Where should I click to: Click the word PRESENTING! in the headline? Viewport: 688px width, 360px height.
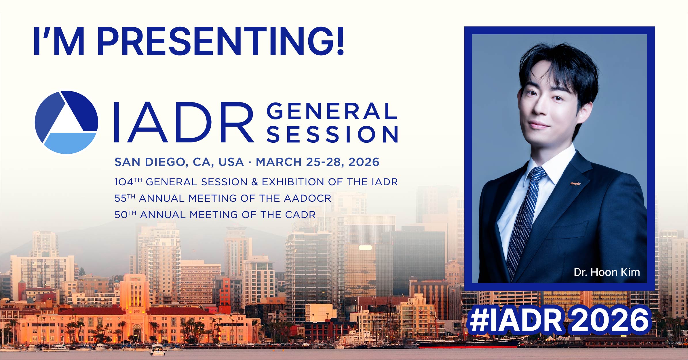click(x=220, y=41)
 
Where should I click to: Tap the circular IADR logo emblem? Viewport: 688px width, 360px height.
click(x=66, y=122)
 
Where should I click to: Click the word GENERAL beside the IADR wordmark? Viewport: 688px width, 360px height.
click(x=332, y=111)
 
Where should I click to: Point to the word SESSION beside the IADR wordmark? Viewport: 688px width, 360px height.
click(x=332, y=134)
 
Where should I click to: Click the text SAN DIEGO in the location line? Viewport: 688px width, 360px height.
click(x=150, y=162)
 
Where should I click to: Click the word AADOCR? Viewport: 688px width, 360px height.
click(x=307, y=198)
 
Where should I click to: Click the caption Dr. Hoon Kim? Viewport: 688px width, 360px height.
click(x=607, y=272)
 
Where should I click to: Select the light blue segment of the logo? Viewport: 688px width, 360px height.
click(x=69, y=143)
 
